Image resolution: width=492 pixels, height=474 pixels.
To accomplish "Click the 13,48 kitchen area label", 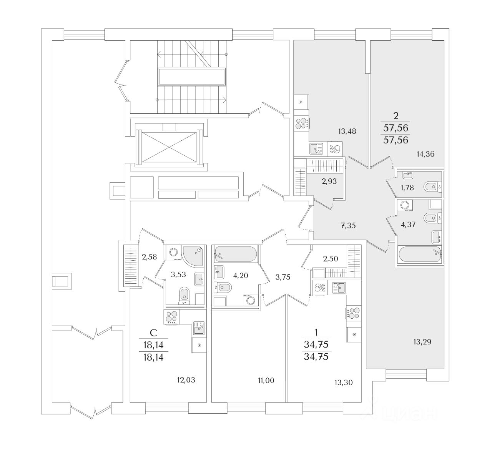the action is coord(347,131).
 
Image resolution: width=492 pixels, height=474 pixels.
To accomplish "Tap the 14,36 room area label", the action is coord(425,155).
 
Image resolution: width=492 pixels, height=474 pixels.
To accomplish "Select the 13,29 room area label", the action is coord(422,341).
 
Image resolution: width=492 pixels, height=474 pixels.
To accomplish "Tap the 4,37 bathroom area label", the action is coord(408,225).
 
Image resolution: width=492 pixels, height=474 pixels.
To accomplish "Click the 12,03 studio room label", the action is coord(186,380).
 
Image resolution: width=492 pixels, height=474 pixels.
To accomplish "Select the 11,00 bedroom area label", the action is coord(266,381).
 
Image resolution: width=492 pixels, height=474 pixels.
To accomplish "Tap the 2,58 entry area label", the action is coord(149,257).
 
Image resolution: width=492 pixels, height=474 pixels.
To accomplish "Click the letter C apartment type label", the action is coord(153,333).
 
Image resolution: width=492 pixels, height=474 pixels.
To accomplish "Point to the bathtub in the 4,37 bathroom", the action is coord(419,255).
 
